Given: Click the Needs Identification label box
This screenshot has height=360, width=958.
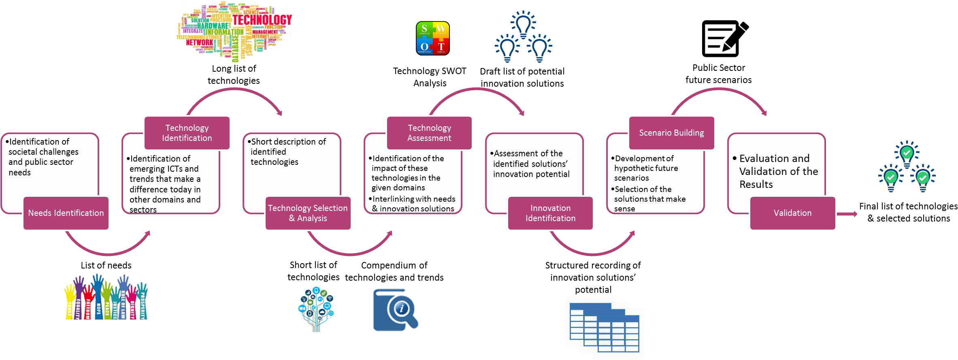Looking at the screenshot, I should (66, 213).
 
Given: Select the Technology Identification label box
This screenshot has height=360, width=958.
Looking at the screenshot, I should (187, 133).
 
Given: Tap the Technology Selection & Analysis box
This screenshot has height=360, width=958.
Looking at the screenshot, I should (308, 213).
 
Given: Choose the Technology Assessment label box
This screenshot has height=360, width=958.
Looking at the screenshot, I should (429, 133).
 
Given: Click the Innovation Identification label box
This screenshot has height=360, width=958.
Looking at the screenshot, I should (550, 213).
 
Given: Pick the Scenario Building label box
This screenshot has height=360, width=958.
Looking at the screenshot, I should (671, 133).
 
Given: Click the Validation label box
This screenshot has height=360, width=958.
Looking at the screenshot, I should (792, 213).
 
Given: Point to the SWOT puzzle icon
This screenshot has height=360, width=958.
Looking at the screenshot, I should (433, 38).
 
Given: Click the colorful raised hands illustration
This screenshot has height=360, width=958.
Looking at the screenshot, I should (106, 297).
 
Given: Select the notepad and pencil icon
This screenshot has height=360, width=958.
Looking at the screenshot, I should (725, 38).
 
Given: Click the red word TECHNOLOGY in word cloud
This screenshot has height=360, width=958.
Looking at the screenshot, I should (262, 19).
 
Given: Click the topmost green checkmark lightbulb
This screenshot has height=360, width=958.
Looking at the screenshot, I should (907, 153).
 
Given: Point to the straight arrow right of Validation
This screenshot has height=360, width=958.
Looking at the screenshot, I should (847, 214).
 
